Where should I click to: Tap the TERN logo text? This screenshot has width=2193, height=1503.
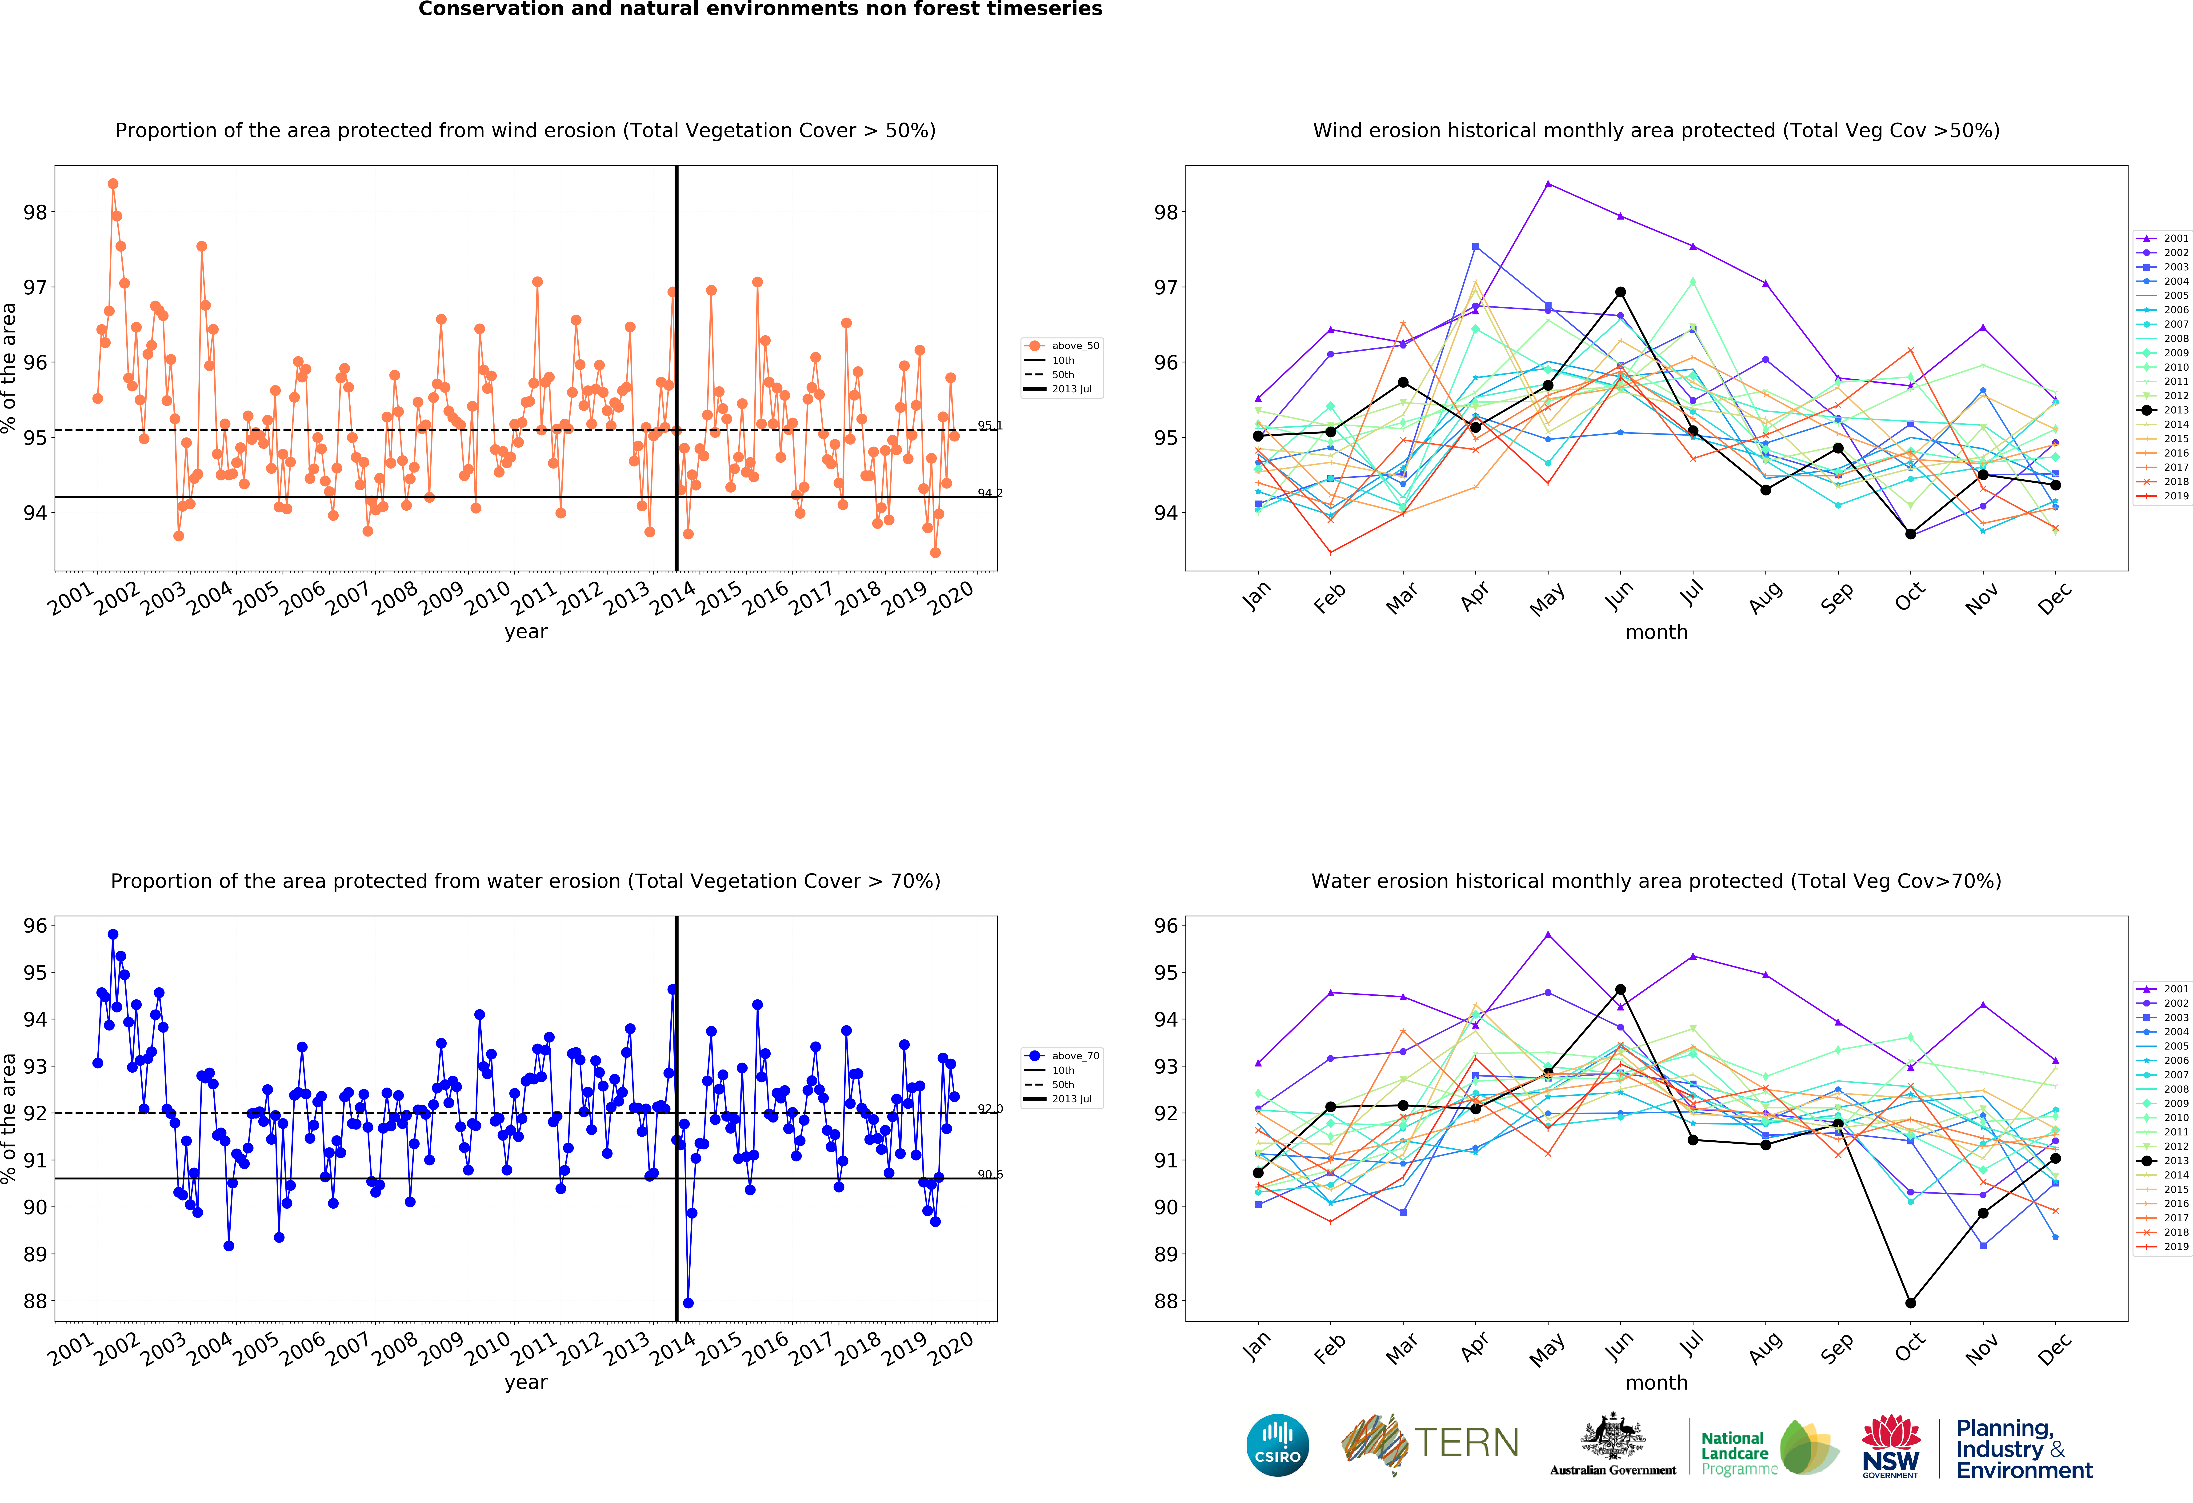point(1466,1443)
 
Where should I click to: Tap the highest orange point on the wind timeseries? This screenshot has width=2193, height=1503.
point(113,184)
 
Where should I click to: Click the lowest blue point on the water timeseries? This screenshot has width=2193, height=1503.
point(688,1303)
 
